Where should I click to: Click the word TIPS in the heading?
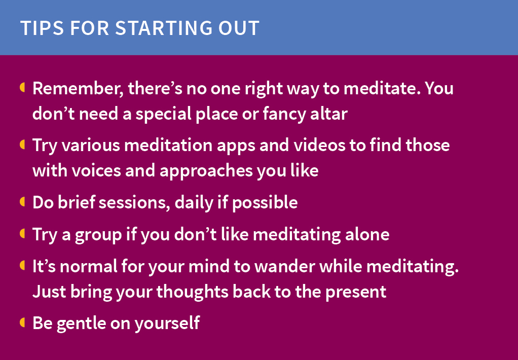41,28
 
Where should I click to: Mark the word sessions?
135,203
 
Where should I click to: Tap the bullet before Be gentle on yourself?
22,322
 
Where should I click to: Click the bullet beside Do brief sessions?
22,202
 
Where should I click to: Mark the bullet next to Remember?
22,88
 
